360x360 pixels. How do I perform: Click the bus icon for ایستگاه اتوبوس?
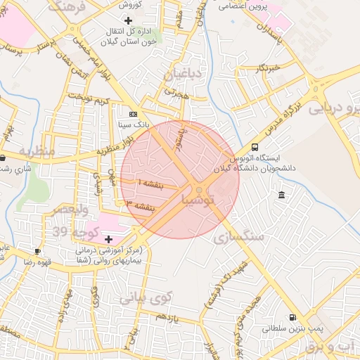254,148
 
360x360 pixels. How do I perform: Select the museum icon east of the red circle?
281,195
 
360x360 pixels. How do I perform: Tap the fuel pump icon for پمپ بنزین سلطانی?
292,317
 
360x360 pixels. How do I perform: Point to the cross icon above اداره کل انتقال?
127,20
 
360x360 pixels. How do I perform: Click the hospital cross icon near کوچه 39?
108,239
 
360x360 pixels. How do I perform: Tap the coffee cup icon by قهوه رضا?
37,251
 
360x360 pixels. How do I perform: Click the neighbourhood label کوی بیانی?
146,298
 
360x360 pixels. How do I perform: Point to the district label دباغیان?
183,74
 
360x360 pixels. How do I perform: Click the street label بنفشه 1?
150,182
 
